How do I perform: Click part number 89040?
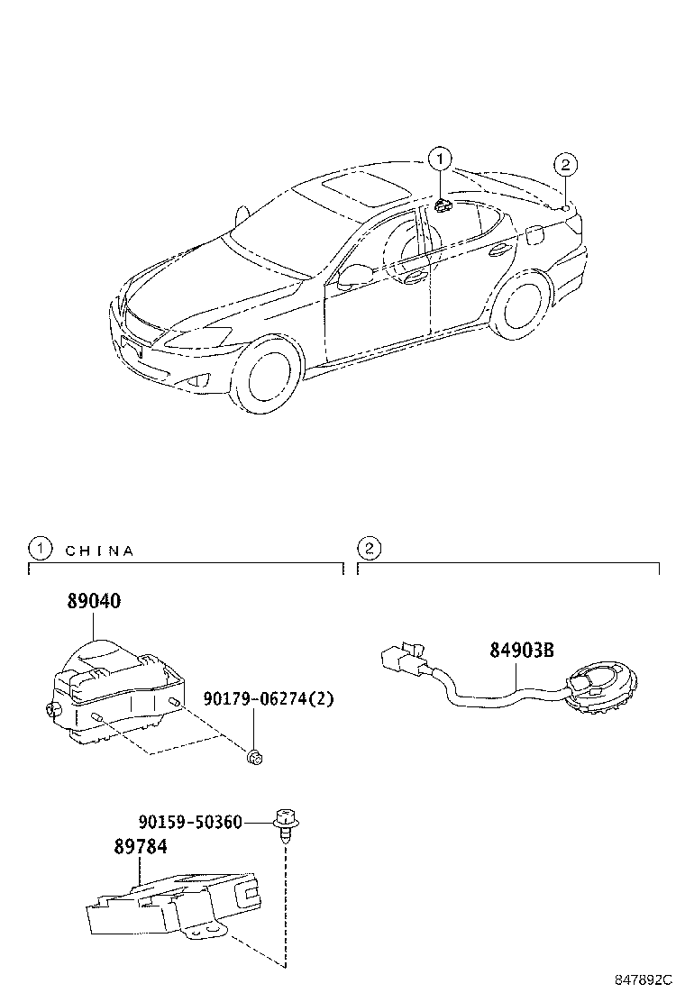pyautogui.click(x=94, y=601)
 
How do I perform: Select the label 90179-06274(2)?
pyautogui.click(x=269, y=698)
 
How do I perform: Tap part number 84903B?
pyautogui.click(x=522, y=650)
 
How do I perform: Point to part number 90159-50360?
pyautogui.click(x=190, y=821)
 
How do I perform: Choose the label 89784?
pyautogui.click(x=141, y=847)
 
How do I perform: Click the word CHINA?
pyautogui.click(x=100, y=551)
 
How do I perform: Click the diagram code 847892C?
pyautogui.click(x=644, y=979)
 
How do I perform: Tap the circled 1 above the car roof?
pyautogui.click(x=440, y=159)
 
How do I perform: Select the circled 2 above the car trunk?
pyautogui.click(x=565, y=165)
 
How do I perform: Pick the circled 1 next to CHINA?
pyautogui.click(x=40, y=548)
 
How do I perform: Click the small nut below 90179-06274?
pyautogui.click(x=255, y=757)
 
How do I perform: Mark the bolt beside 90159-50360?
pyautogui.click(x=284, y=825)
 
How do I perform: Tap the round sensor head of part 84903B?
pyautogui.click(x=600, y=688)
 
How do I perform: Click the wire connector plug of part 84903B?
pyautogui.click(x=402, y=660)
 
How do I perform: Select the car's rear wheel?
pyautogui.click(x=524, y=305)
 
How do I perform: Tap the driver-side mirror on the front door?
pyautogui.click(x=352, y=277)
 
